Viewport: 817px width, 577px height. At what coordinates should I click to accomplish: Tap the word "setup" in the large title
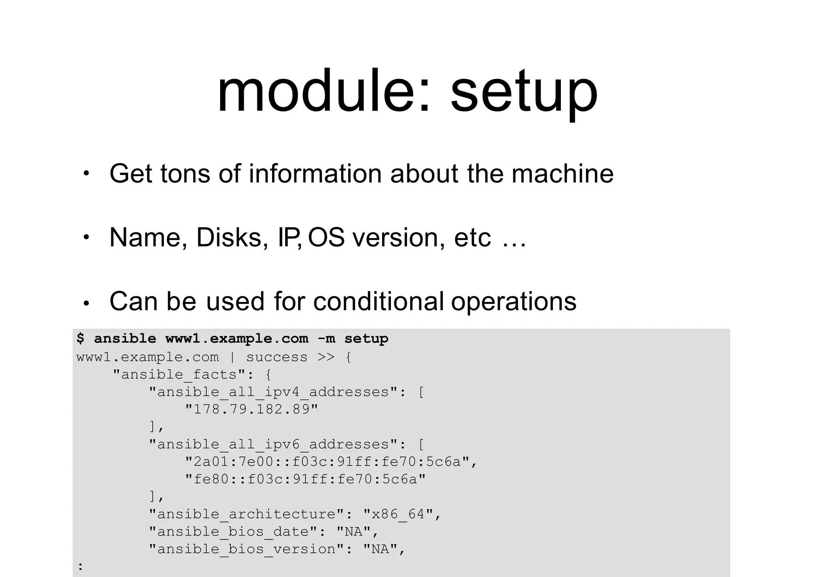pos(524,93)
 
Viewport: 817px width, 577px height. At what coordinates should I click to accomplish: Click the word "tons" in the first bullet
pos(185,174)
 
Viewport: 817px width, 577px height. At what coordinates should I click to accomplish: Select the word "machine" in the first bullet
pos(562,174)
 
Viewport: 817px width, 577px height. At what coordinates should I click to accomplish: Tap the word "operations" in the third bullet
pos(514,302)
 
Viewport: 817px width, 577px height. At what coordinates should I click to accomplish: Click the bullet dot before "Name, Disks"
pos(86,237)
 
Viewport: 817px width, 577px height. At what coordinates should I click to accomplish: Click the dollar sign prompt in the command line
pos(81,339)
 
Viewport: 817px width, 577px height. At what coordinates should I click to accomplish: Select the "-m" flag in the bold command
pos(326,339)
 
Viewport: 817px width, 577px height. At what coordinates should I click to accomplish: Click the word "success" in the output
pos(277,357)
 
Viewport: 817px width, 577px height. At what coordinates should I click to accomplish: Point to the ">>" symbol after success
pos(326,357)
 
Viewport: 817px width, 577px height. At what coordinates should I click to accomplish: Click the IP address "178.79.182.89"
pos(252,409)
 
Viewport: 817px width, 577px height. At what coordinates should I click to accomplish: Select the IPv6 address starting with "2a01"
pos(327,462)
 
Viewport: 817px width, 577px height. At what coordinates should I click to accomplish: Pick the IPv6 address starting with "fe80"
pos(305,479)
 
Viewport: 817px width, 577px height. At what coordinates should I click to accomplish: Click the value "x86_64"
pos(398,514)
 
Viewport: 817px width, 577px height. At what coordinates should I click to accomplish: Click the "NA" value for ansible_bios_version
pos(380,549)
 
